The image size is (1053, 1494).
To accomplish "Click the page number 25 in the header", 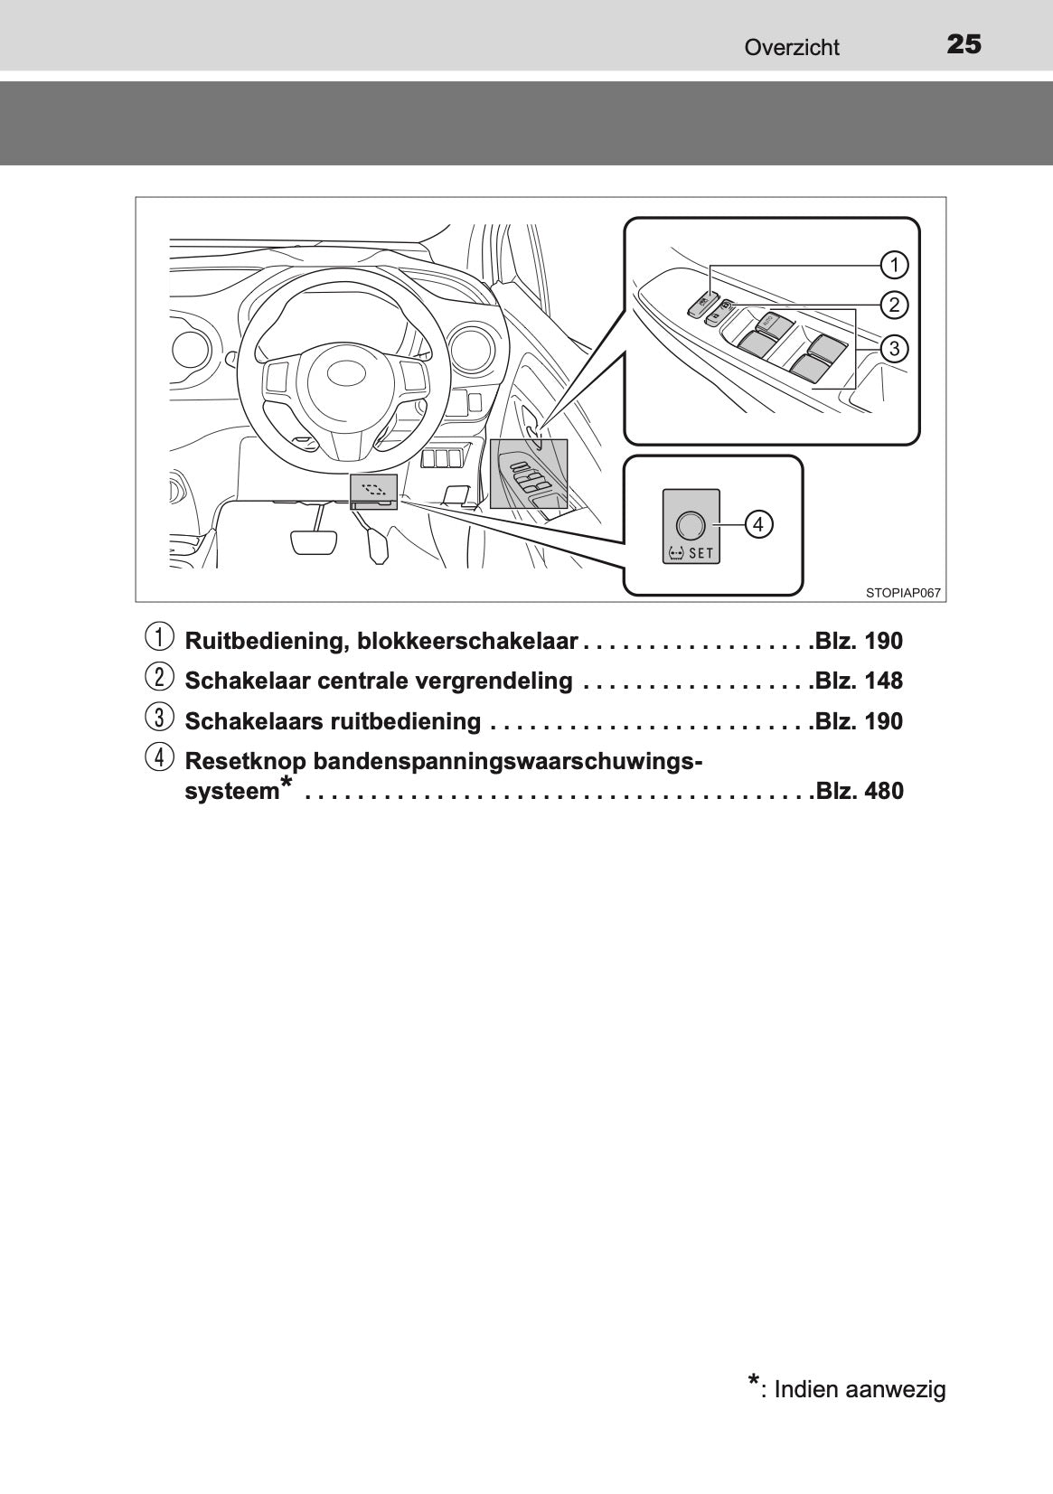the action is point(964,44).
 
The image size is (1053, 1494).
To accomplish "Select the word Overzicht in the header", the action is point(792,47).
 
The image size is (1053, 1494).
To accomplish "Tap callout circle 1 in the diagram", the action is point(894,266).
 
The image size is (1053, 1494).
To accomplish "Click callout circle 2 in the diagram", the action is point(894,305).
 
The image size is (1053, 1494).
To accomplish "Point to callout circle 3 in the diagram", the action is point(894,348).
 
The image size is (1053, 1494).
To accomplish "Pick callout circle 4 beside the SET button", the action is point(758,525).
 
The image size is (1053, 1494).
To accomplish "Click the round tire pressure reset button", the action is point(691,526).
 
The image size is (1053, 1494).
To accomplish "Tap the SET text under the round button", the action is point(700,553).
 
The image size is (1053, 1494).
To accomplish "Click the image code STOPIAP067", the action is point(903,592).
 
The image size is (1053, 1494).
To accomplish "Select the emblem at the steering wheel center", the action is point(345,372).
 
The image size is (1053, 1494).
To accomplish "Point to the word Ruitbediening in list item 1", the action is point(266,641).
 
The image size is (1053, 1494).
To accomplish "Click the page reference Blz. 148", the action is point(859,681).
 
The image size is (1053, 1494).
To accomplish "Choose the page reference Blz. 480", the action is point(859,791).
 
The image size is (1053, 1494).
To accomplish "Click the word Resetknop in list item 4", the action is point(245,762).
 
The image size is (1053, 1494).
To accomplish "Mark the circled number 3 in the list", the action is point(159,718).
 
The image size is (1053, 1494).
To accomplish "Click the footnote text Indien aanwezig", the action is point(860,1390).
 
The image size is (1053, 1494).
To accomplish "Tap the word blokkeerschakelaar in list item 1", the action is point(467,641).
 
